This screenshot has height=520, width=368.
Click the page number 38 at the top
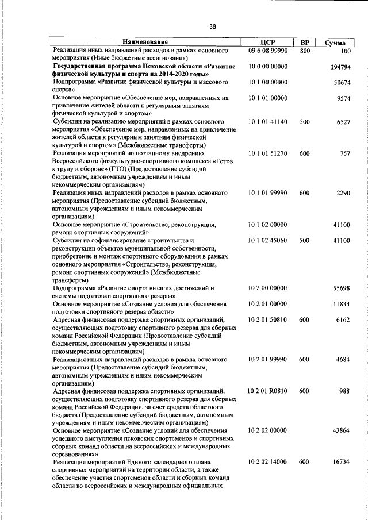[x=213, y=26]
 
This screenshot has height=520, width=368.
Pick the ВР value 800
[x=305, y=51]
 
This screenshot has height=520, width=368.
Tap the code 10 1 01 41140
[x=268, y=122]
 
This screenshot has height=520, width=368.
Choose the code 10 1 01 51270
[x=268, y=153]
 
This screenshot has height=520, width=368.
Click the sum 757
[x=345, y=153]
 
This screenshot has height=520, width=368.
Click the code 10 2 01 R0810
[x=268, y=391]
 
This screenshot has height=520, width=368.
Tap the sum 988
[x=345, y=391]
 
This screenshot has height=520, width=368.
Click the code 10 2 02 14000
[x=268, y=461]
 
